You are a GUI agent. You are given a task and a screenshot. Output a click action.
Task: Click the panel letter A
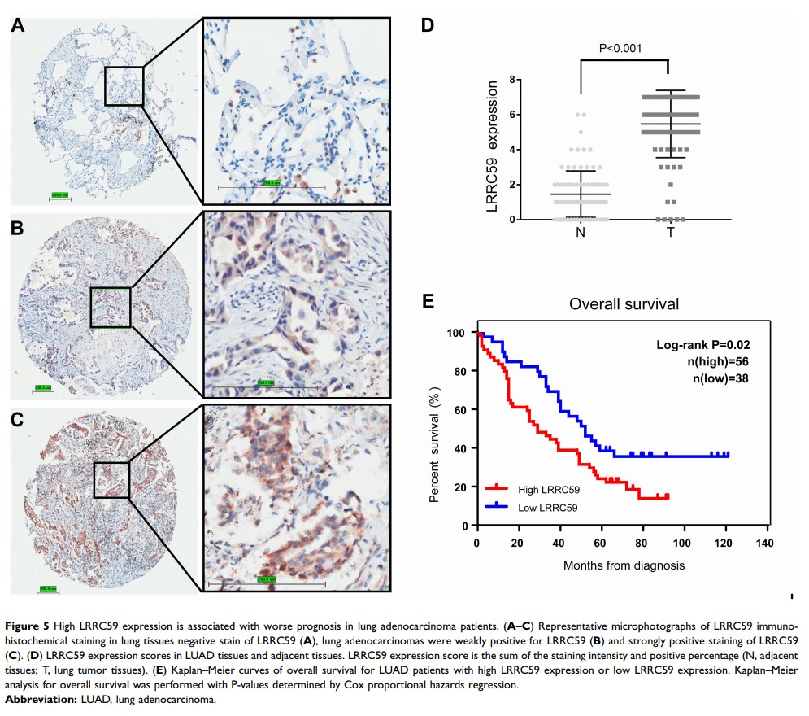[18, 25]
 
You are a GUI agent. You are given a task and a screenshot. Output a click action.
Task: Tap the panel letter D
[428, 25]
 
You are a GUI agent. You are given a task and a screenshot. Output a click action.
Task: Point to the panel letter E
[431, 302]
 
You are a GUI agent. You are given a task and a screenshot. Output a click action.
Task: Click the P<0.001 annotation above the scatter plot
[620, 48]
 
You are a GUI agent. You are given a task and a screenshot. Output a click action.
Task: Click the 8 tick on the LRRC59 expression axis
[513, 80]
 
